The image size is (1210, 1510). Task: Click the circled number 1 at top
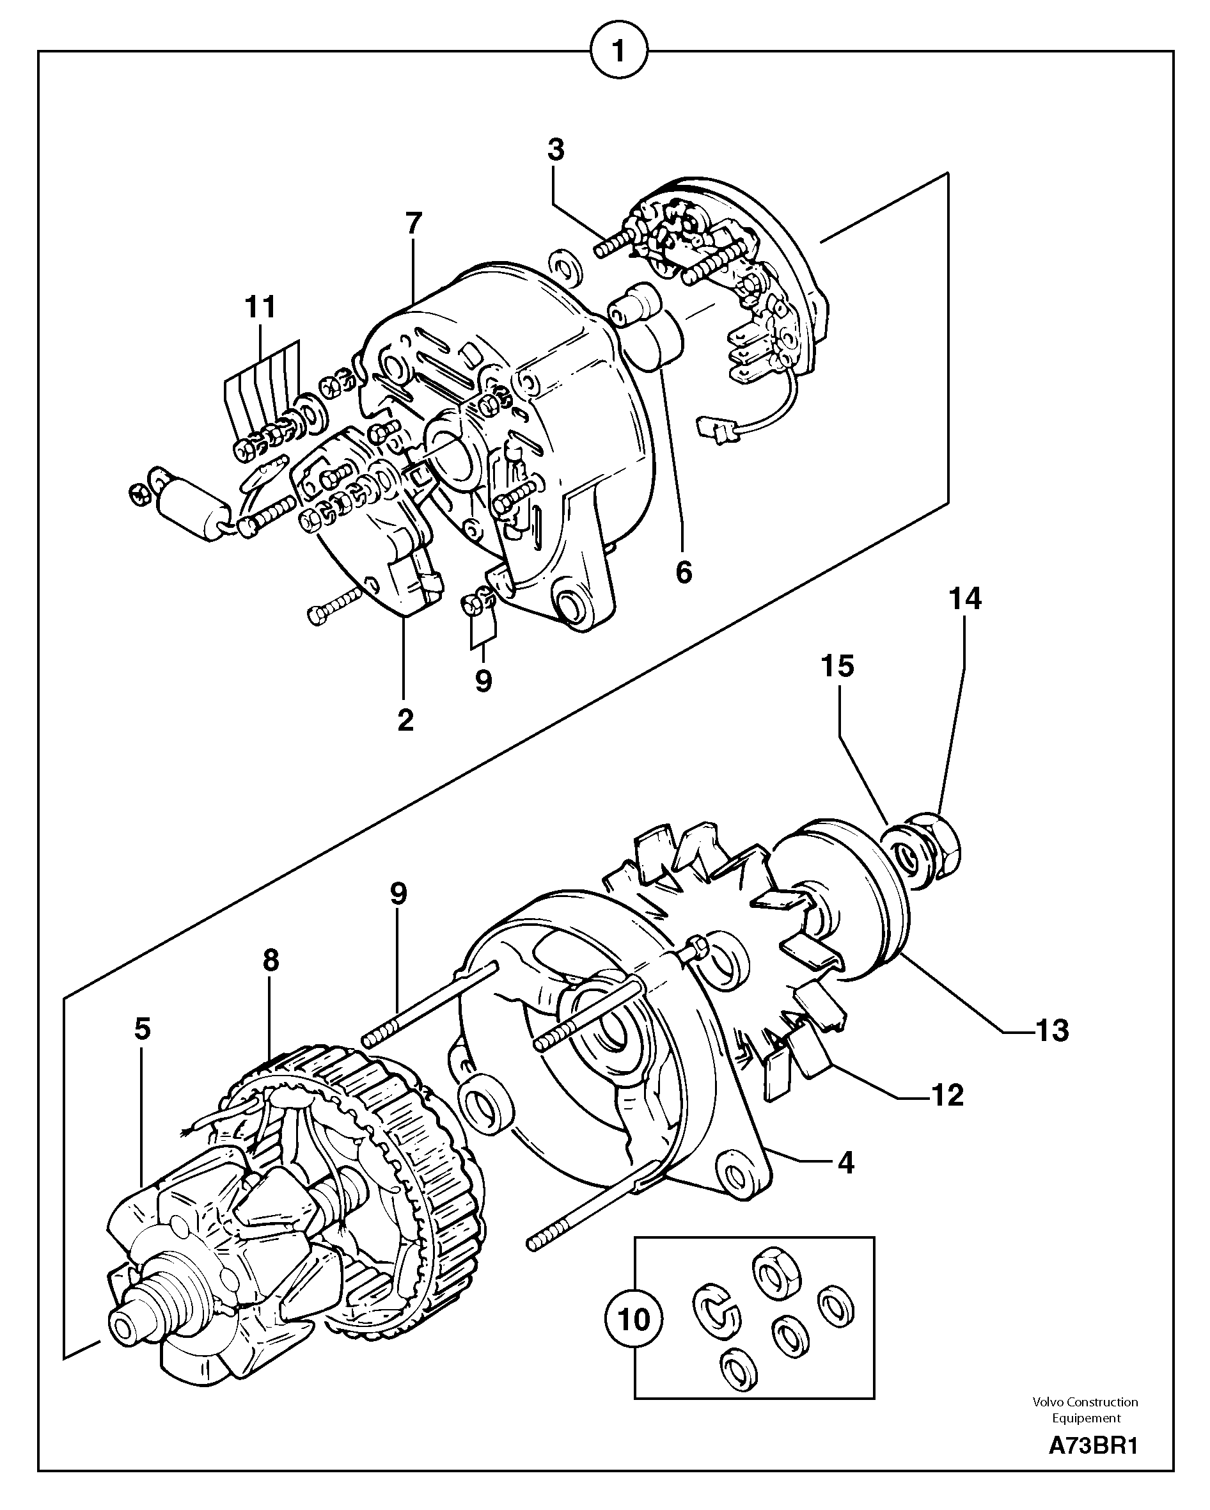[x=619, y=51]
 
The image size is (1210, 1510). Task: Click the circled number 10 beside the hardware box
[x=634, y=1319]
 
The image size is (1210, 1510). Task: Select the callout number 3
[x=555, y=150]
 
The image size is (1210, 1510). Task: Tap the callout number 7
[x=414, y=224]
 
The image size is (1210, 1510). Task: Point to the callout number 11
[x=260, y=308]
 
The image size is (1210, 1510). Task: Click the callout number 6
[x=684, y=572]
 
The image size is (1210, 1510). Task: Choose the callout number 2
[x=405, y=719]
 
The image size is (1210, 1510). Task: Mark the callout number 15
[x=838, y=666]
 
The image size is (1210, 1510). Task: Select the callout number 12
[x=947, y=1095]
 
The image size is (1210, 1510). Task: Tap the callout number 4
[x=846, y=1163]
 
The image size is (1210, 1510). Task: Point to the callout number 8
[x=271, y=960]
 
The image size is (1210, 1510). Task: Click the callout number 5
[x=142, y=1029]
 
